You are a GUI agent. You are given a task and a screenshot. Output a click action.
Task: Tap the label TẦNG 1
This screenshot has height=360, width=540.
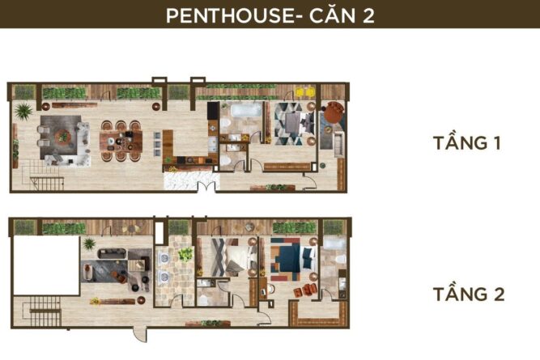click(x=466, y=143)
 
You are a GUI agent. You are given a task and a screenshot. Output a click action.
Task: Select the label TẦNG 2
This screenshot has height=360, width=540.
click(x=469, y=294)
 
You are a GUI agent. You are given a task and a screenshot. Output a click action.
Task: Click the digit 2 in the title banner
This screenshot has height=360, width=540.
click(x=368, y=16)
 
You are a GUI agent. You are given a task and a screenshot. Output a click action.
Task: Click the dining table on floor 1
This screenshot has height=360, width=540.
click(x=121, y=141)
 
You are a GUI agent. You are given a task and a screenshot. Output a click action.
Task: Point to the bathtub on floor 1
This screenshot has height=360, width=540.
click(x=246, y=110)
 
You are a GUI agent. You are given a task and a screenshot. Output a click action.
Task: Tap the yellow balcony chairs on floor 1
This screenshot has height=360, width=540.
click(x=305, y=92)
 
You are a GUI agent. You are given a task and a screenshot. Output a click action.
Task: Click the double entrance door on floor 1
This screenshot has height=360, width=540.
click(x=206, y=186)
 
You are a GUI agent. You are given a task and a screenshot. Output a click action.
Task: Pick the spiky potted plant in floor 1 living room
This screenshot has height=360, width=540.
click(x=23, y=111)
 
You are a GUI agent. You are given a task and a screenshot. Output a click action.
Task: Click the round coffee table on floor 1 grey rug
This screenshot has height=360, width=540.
click(x=63, y=137)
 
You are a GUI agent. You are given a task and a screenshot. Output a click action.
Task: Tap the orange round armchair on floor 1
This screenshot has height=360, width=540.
click(x=334, y=111)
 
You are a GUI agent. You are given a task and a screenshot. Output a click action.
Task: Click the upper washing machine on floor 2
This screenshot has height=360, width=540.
click(x=164, y=258)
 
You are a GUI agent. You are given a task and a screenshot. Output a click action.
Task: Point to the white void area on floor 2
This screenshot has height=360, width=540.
click(x=46, y=265)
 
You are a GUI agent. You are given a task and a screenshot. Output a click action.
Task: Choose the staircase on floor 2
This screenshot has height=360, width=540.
click(x=42, y=311)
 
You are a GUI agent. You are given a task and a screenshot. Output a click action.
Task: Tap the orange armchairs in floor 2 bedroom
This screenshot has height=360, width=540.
click(x=305, y=290)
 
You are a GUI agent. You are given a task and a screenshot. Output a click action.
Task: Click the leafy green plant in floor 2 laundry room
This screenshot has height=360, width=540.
click(x=186, y=254)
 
